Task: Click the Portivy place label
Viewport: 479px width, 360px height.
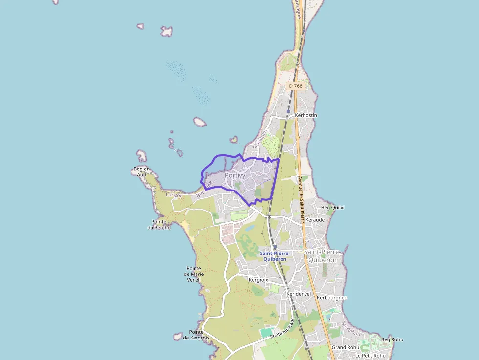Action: tap(235, 175)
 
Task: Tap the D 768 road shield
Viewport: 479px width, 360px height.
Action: tap(296, 86)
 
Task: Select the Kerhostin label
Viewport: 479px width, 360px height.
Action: tap(306, 115)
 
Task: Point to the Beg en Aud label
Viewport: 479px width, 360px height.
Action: tap(141, 171)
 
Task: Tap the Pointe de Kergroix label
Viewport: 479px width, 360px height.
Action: tap(196, 335)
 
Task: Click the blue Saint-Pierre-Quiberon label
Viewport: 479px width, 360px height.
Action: tap(275, 256)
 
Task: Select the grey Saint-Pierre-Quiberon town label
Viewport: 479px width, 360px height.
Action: tap(321, 256)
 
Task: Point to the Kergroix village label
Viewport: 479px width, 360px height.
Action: tap(259, 280)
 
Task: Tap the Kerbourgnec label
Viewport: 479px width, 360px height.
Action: tap(332, 297)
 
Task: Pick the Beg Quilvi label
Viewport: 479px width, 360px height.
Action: tap(332, 207)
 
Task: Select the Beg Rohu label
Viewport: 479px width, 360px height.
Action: tap(392, 339)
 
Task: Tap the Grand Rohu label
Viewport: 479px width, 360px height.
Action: tap(345, 347)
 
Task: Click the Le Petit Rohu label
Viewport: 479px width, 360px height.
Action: tap(370, 355)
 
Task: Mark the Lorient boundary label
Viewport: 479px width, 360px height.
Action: tap(174, 195)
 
